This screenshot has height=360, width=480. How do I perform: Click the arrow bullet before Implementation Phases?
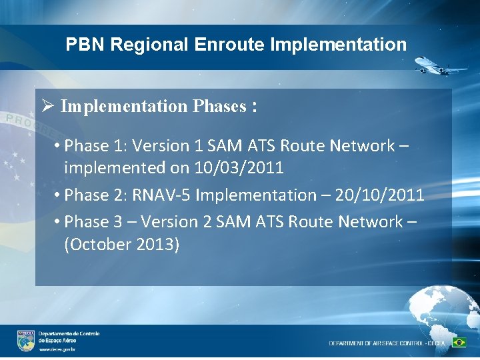pyautogui.click(x=47, y=106)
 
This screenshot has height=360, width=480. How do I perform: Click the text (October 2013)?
pyautogui.click(x=121, y=244)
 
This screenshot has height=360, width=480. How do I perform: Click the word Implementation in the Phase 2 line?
pyautogui.click(x=251, y=195)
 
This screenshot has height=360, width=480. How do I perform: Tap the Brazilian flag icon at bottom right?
pyautogui.click(x=459, y=342)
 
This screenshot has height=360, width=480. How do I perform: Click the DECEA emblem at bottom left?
pyautogui.click(x=26, y=341)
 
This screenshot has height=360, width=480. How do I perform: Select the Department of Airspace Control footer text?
pyautogui.click(x=387, y=343)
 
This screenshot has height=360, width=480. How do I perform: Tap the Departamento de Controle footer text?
pyautogui.click(x=69, y=333)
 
